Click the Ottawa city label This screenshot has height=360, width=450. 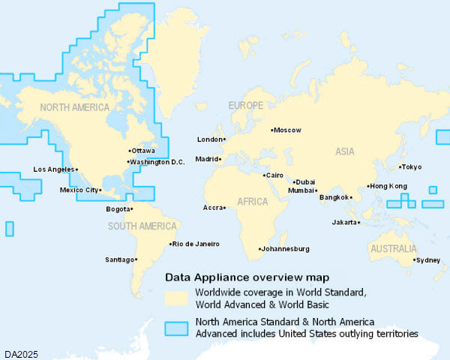pos(143,151)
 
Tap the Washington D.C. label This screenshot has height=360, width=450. pos(157,162)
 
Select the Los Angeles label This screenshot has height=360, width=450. pos(53,169)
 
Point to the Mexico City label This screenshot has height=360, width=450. pos(79,190)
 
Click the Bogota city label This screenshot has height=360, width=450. pos(118,209)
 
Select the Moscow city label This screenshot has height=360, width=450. pos(287,130)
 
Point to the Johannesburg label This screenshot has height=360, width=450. pos(286,249)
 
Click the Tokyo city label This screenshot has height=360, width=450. pos(412,167)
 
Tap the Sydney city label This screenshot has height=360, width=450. pos(428,260)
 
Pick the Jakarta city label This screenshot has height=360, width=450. pos(345,223)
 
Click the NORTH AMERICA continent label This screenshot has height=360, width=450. pos(75,108)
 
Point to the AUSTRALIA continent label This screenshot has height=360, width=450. pos(392,249)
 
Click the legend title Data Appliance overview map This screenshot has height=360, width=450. pos(246,276)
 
